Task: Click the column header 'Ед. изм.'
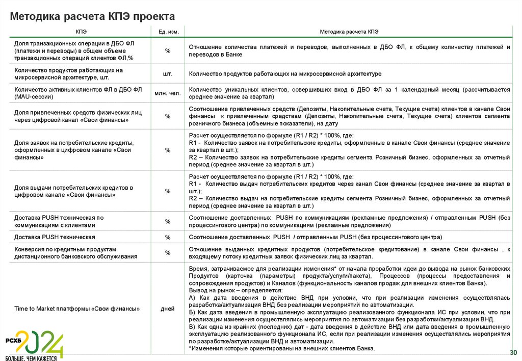point(168,32)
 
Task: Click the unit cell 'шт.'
point(168,74)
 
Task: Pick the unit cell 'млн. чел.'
point(168,93)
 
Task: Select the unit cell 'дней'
point(168,308)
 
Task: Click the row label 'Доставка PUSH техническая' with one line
point(55,238)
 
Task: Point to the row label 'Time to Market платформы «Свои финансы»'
point(77,308)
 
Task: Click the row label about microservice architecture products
point(69,74)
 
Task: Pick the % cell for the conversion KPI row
point(168,253)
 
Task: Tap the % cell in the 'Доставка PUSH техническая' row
point(168,238)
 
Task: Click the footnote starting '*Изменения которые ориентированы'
point(281,349)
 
